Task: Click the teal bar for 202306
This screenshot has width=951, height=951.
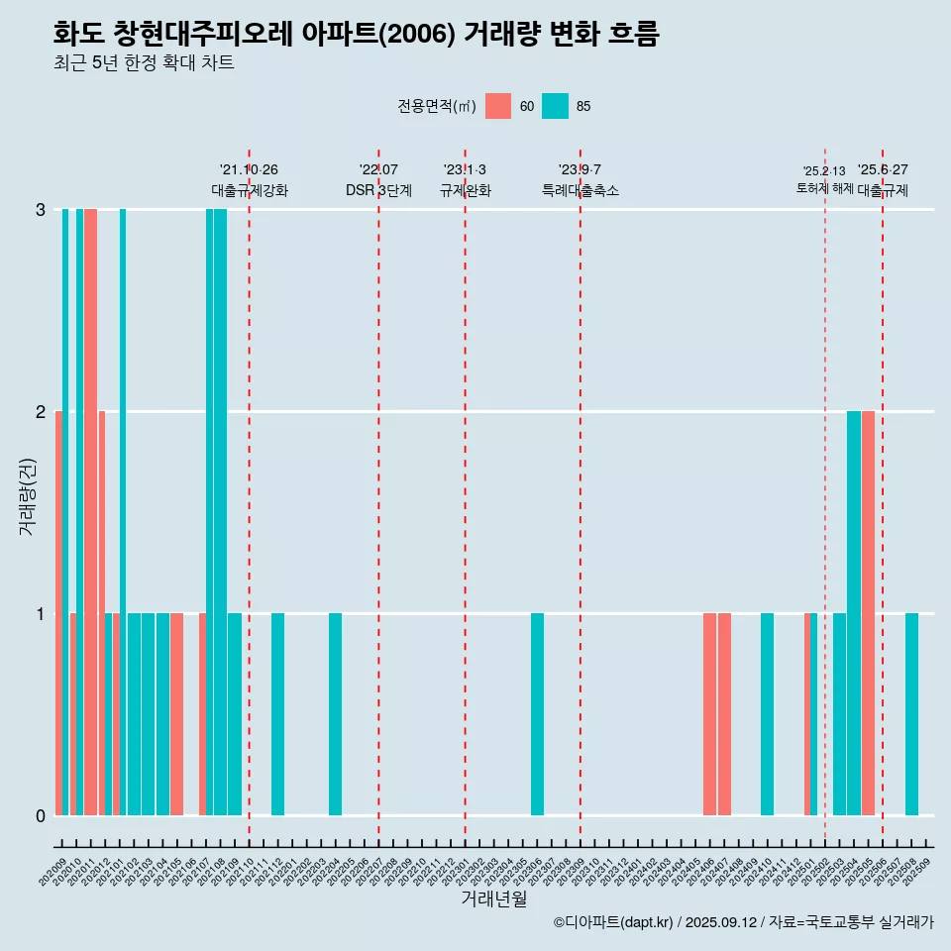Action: (537, 714)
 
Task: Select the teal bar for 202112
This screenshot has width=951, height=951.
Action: (278, 714)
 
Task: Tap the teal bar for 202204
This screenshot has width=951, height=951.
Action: (336, 714)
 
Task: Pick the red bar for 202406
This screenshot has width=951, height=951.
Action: (709, 714)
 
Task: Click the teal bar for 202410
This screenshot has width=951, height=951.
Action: (767, 714)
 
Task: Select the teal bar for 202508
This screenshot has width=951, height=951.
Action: (911, 714)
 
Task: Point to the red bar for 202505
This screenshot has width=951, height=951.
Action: (868, 613)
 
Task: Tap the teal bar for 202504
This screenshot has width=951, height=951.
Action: (854, 613)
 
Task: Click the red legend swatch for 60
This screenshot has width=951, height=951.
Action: (498, 106)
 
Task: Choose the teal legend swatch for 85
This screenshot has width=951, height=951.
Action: (555, 106)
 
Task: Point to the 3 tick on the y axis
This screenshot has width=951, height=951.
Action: (41, 210)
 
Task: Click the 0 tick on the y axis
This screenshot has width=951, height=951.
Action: (41, 816)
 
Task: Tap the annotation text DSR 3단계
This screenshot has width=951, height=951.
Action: (378, 190)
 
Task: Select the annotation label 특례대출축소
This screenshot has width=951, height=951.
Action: (581, 190)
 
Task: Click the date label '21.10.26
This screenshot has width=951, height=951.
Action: (249, 170)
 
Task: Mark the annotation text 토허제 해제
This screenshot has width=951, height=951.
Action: (824, 188)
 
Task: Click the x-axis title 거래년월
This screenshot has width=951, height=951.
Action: (493, 899)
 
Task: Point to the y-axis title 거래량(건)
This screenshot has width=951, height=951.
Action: (28, 495)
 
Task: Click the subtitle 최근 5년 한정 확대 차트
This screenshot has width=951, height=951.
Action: (144, 63)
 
